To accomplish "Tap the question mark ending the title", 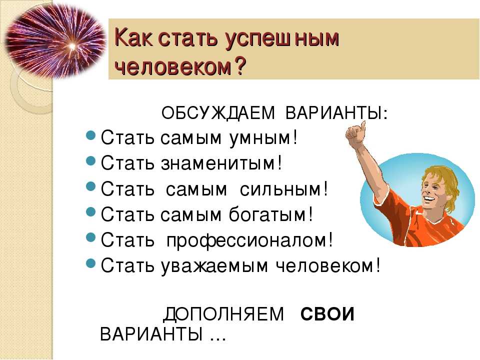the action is point(239,65).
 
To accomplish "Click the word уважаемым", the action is point(214,266).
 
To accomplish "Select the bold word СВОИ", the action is point(327,314).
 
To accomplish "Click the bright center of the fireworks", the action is point(72,46).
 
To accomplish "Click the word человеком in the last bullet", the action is point(325,265).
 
